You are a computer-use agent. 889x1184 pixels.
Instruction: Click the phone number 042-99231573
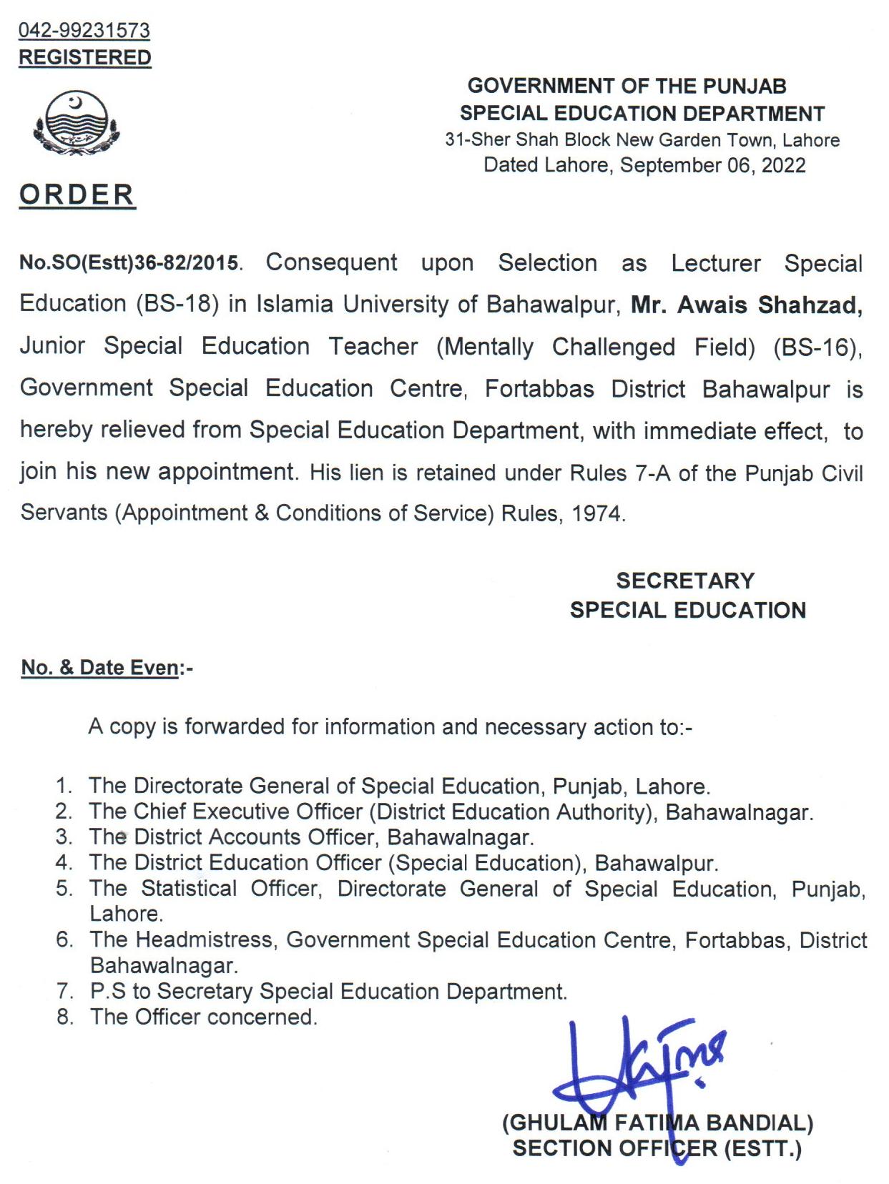click(84, 30)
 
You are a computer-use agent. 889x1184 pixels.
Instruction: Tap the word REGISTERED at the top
click(84, 58)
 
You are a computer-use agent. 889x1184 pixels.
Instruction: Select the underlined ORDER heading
click(77, 194)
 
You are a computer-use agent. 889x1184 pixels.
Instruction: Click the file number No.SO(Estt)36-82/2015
click(129, 263)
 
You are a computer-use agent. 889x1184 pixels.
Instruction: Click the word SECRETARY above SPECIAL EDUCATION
click(685, 581)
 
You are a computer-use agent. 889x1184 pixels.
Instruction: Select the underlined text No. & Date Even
click(100, 668)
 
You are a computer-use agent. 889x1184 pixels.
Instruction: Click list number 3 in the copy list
click(64, 837)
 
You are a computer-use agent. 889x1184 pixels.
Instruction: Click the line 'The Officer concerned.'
click(203, 1017)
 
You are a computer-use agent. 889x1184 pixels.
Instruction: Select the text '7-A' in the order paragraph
click(650, 473)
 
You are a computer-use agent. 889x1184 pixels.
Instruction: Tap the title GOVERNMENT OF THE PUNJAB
click(627, 87)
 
